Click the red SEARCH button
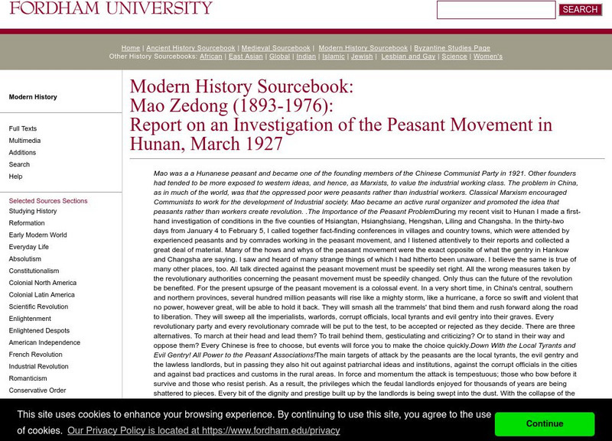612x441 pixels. coord(580,10)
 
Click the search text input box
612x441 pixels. coord(496,10)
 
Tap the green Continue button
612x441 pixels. coord(545,423)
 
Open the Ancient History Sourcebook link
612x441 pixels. coord(190,48)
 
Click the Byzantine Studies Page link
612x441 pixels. coord(451,48)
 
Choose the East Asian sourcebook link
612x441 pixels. coord(246,57)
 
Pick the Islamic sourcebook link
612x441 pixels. coord(334,57)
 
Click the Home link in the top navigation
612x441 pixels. coord(131,48)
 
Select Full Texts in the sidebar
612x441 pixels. coord(23,129)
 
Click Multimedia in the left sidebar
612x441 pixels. coord(25,141)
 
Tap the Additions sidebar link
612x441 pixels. coord(23,153)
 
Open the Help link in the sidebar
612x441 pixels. coord(15,177)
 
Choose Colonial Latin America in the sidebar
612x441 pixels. coord(42,295)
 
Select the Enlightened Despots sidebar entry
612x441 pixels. coord(41,331)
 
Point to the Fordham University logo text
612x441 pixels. coord(111,8)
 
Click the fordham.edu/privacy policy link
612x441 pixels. coord(203,430)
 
